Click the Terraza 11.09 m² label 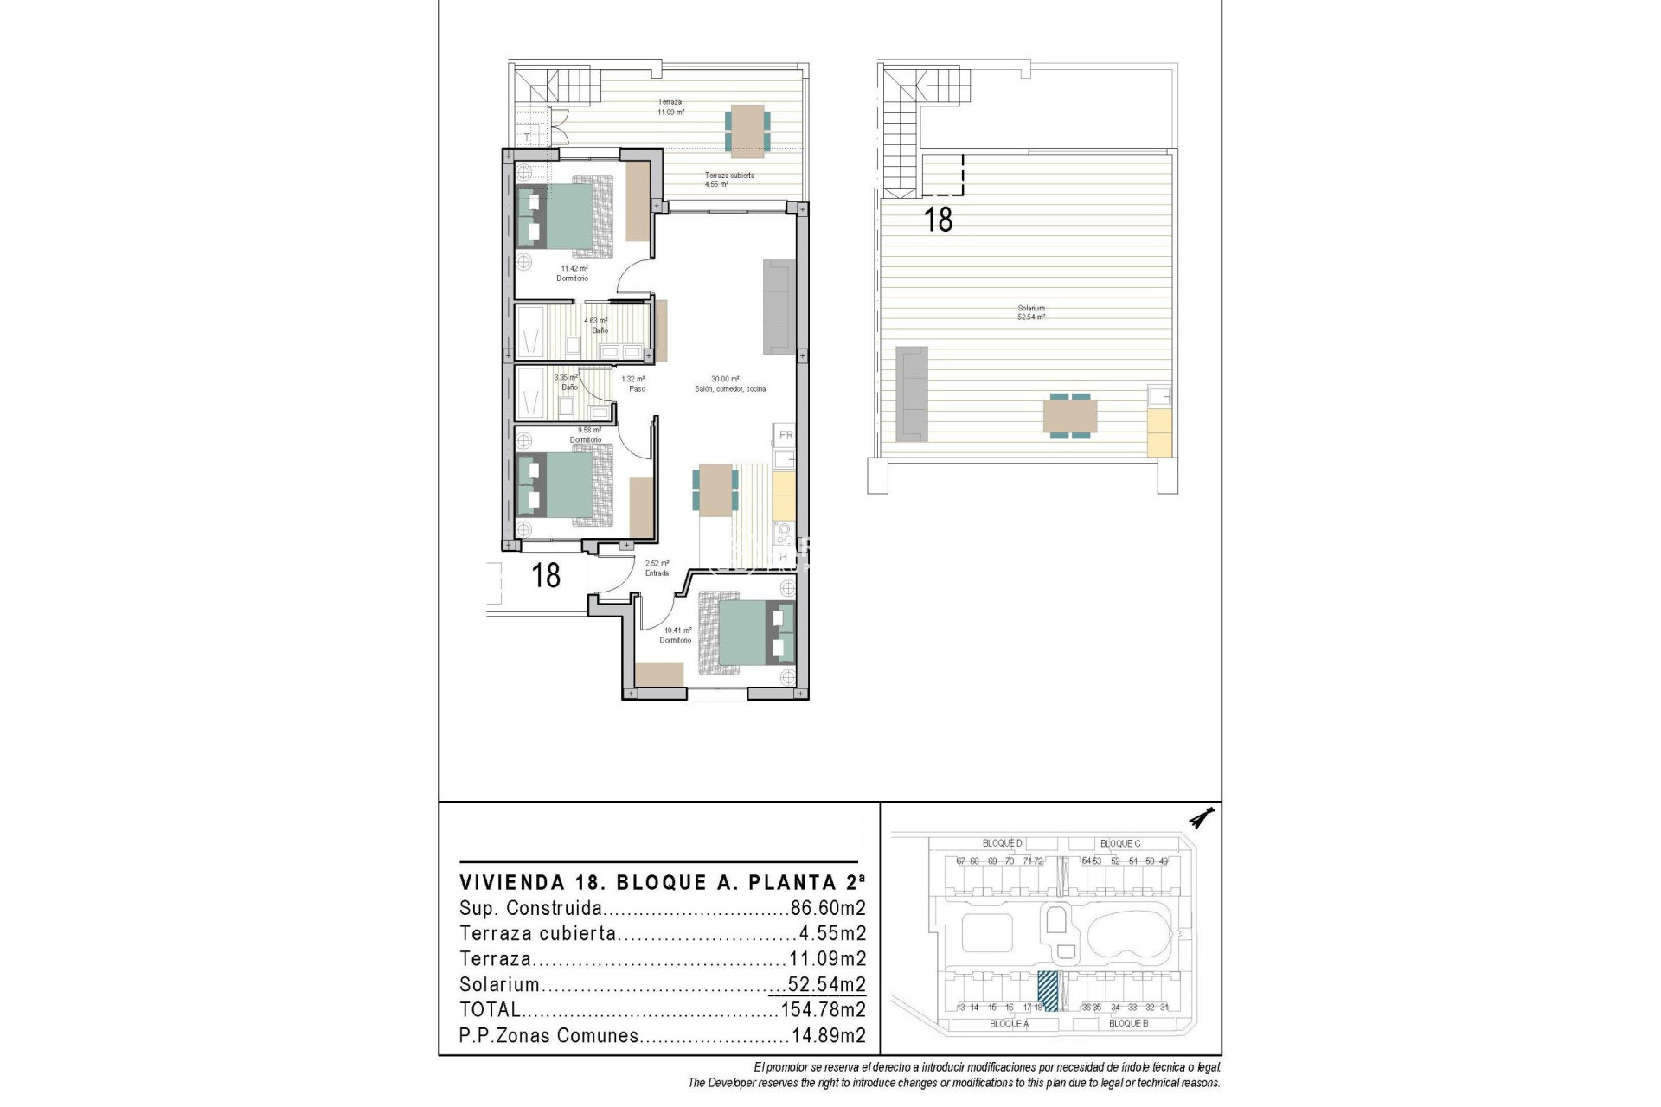click(670, 107)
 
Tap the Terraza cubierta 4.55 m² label click(729, 180)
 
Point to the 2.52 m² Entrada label click(657, 568)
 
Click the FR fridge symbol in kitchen click(786, 435)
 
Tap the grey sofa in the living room click(779, 307)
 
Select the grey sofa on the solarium click(911, 391)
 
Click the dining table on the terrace click(746, 131)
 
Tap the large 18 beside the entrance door click(546, 575)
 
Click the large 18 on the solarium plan click(939, 220)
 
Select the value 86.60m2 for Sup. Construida click(828, 908)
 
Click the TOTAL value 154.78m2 click(823, 1009)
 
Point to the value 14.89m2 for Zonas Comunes click(828, 1035)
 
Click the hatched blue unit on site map click(1048, 991)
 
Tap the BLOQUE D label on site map click(1002, 843)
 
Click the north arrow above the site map click(1202, 817)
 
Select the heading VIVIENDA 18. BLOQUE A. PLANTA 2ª click(662, 883)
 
